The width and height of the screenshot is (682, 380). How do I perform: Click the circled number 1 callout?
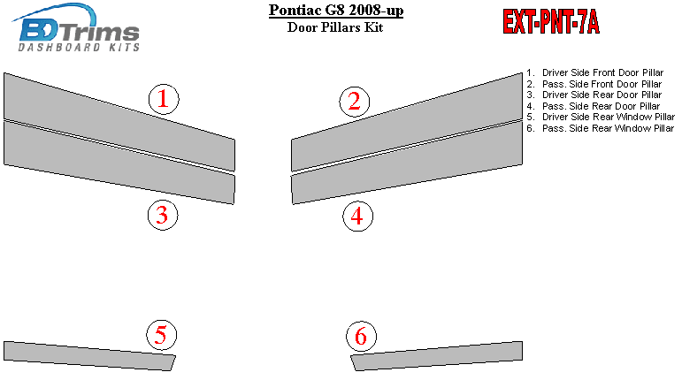(x=164, y=99)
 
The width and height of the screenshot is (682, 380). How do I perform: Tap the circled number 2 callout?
(x=355, y=102)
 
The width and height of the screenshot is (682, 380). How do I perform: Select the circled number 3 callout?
(x=163, y=215)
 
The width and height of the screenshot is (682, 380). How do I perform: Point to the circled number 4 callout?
(x=357, y=217)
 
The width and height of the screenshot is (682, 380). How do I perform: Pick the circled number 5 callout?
(x=161, y=335)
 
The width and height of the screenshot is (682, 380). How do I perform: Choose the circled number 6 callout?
(x=362, y=337)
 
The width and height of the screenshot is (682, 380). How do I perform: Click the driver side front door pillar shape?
(x=119, y=122)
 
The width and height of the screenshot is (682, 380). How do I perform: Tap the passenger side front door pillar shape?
(x=407, y=122)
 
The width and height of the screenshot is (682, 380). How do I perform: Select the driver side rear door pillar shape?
(x=119, y=163)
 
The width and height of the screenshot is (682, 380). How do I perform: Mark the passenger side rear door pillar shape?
(x=407, y=163)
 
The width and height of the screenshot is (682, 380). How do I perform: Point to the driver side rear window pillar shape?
(x=89, y=356)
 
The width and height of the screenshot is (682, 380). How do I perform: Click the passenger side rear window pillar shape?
(x=437, y=356)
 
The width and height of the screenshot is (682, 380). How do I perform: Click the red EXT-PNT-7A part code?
(x=551, y=22)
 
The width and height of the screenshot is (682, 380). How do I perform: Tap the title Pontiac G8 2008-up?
(x=336, y=10)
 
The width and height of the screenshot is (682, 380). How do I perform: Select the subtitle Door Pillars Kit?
(x=335, y=27)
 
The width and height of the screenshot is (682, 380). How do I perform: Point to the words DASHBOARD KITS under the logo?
(x=79, y=47)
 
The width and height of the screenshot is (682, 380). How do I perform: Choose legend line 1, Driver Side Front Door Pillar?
(x=595, y=72)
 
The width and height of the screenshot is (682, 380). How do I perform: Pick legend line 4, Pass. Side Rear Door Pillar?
(x=594, y=106)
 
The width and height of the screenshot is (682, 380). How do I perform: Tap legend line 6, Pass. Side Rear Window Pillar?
(x=601, y=128)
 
